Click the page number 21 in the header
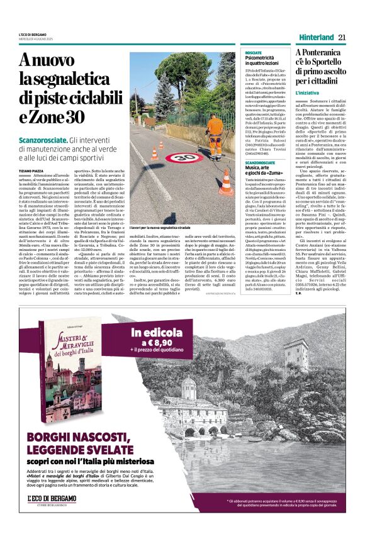point(342,37)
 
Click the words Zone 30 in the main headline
point(58,117)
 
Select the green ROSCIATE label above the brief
point(253,52)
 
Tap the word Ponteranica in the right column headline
point(323,55)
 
